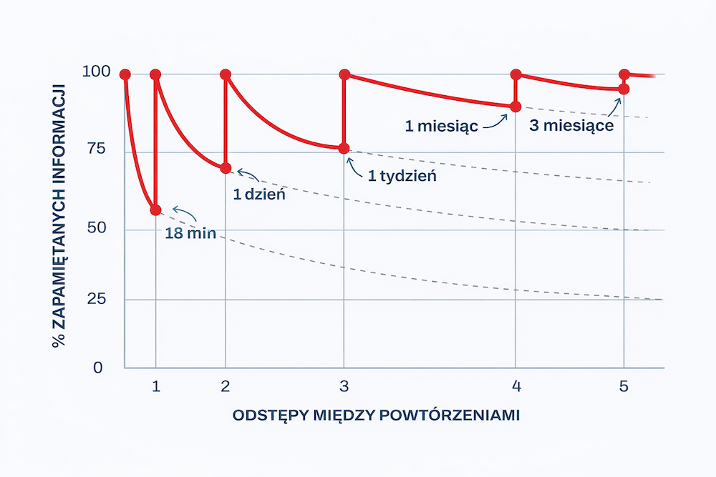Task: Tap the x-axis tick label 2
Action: click(226, 387)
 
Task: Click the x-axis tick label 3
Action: click(344, 387)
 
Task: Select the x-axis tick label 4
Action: click(515, 387)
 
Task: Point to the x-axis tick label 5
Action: click(624, 387)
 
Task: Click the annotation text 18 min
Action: click(190, 233)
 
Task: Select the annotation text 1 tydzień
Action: click(402, 176)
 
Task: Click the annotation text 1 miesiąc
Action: click(441, 127)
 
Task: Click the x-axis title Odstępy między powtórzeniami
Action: click(376, 415)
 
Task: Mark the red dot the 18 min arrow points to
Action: click(155, 210)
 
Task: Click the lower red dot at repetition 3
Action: click(344, 149)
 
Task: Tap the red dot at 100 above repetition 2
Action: click(226, 74)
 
